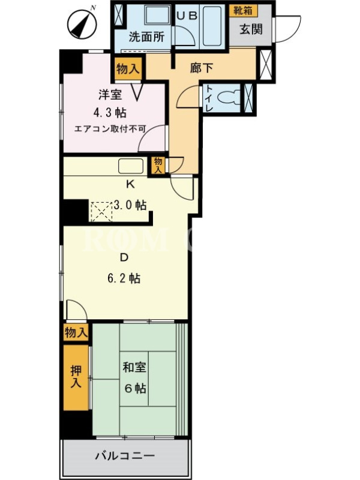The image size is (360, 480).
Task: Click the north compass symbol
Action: click(x=82, y=23)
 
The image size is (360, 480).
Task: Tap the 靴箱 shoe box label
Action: click(x=243, y=10)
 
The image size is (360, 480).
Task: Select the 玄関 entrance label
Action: click(x=251, y=29)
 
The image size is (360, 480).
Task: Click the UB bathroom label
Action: click(x=187, y=16)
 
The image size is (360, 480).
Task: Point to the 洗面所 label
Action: click(x=146, y=37)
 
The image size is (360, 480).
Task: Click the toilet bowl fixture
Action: click(x=228, y=98)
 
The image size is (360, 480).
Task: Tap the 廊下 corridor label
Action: click(x=201, y=68)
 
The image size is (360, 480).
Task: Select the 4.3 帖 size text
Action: click(x=110, y=113)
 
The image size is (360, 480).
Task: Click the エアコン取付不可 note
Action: click(x=110, y=129)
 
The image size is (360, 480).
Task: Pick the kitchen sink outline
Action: click(x=131, y=166)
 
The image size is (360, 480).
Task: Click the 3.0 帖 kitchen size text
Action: click(x=130, y=205)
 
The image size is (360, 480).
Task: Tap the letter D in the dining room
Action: click(x=124, y=257)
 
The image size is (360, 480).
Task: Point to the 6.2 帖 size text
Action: click(x=124, y=278)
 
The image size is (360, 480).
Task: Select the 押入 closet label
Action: click(x=76, y=377)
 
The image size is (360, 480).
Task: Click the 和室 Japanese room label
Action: click(x=134, y=367)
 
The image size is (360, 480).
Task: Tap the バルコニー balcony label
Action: click(x=125, y=456)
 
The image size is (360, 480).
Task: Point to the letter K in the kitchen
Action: click(x=130, y=184)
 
